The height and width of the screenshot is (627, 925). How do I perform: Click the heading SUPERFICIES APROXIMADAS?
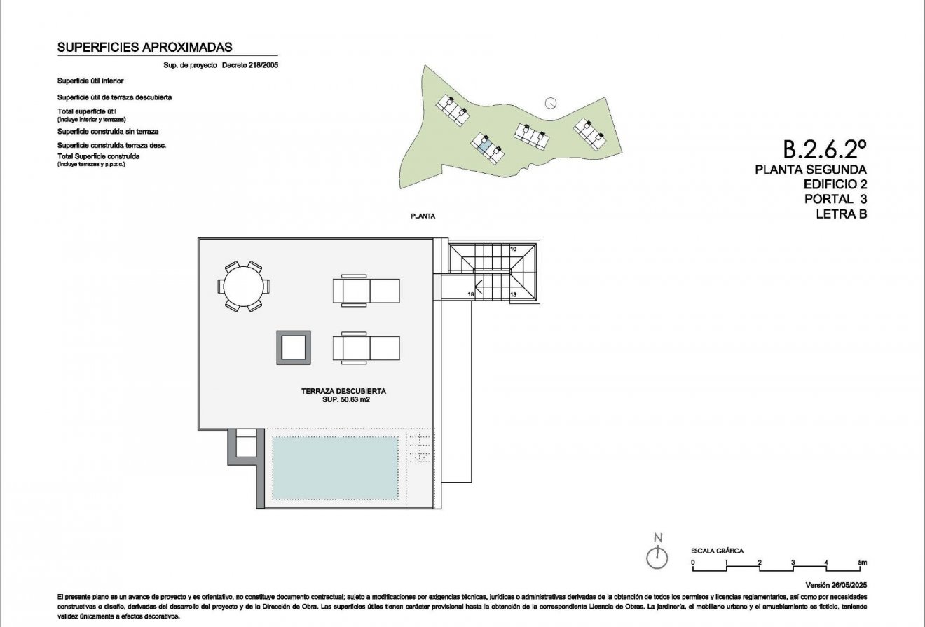click(x=144, y=48)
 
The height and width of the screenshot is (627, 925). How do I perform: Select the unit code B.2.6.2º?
click(x=825, y=149)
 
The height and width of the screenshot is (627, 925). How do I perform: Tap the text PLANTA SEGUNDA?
click(x=811, y=170)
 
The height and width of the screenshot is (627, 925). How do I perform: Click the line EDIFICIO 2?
click(x=835, y=184)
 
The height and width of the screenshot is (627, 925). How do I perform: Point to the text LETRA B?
click(x=841, y=214)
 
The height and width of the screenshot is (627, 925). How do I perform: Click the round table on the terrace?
click(x=243, y=286)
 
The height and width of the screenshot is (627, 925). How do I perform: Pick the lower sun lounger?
click(x=366, y=347)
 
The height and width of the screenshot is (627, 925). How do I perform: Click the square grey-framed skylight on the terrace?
click(x=293, y=347)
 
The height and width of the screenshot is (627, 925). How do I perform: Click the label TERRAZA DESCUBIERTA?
click(x=344, y=391)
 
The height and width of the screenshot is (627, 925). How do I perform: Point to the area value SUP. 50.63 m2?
click(x=345, y=400)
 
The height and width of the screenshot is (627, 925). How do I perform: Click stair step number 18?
click(x=471, y=296)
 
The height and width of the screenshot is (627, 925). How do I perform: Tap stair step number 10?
click(x=513, y=249)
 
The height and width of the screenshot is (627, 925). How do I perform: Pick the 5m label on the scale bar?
click(x=862, y=562)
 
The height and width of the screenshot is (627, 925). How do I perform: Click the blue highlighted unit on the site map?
click(x=483, y=145)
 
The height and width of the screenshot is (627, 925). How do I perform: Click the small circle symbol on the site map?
click(x=551, y=102)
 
